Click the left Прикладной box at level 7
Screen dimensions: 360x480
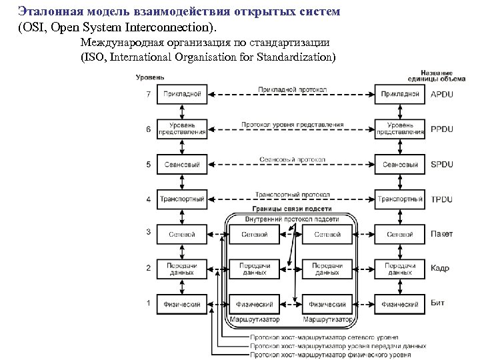tap(181, 94)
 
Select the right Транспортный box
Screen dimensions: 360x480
tap(400, 199)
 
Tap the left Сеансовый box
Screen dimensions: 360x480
tap(181, 164)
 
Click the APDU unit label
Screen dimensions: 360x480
tap(442, 94)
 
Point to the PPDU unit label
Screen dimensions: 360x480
tap(442, 129)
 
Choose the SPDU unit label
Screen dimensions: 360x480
tap(442, 164)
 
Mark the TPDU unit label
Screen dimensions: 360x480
tap(442, 199)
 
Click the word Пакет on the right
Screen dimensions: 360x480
tap(442, 234)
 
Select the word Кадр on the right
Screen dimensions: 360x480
tap(440, 269)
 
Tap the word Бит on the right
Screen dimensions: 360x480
tap(438, 304)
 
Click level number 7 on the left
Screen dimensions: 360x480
tap(148, 94)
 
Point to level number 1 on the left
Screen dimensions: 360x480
tap(148, 304)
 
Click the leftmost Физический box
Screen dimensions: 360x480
tap(181, 304)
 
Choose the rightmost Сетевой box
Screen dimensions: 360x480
tap(400, 234)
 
